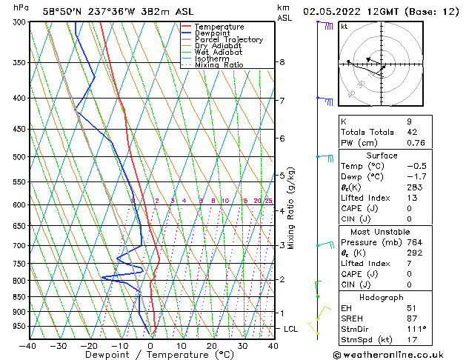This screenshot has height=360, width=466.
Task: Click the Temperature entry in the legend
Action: [219, 27]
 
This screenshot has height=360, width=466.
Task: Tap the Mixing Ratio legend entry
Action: [219, 65]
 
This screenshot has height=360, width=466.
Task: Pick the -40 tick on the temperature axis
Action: [28, 345]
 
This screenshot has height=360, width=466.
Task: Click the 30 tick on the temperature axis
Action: [242, 345]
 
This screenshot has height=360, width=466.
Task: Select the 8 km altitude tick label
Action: [282, 62]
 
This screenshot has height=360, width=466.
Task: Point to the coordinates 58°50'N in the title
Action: [66, 11]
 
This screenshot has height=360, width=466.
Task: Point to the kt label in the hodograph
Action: [344, 27]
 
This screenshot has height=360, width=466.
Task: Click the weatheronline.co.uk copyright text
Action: [399, 354]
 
